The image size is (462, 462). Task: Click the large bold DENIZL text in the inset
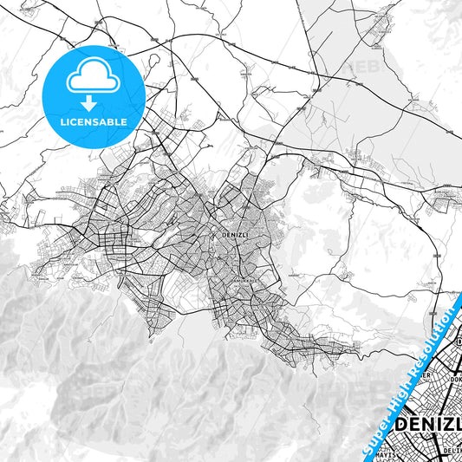[429, 426]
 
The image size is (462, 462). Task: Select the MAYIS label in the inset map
[410, 452]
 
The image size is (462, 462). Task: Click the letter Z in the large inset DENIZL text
[446, 426]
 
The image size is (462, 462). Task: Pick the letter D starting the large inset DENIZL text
[402, 426]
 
